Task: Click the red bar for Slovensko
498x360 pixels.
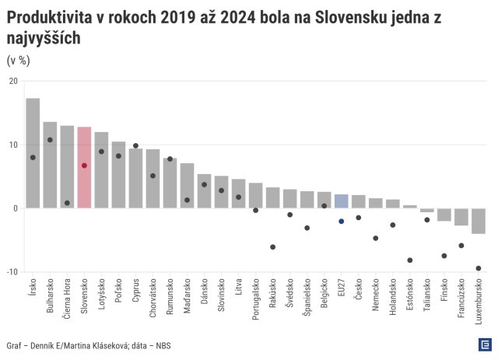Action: coord(84,167)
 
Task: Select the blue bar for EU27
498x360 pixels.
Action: coord(341,201)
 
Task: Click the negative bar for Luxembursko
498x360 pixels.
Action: coord(479,221)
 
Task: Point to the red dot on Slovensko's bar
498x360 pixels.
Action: coord(84,166)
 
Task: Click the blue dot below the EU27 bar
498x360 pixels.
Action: coord(341,222)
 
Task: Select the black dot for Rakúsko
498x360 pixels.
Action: coord(272,247)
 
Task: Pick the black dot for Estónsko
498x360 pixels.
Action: coord(410,260)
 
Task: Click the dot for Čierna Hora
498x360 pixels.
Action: coord(67,203)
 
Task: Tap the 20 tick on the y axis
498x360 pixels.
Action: coord(13,81)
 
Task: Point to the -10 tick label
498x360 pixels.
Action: coord(12,272)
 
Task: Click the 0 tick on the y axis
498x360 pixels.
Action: coord(16,208)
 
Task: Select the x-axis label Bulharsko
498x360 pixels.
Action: coord(51,295)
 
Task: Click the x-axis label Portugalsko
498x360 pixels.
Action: coord(256,299)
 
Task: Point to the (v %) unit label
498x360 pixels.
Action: coord(18,60)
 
